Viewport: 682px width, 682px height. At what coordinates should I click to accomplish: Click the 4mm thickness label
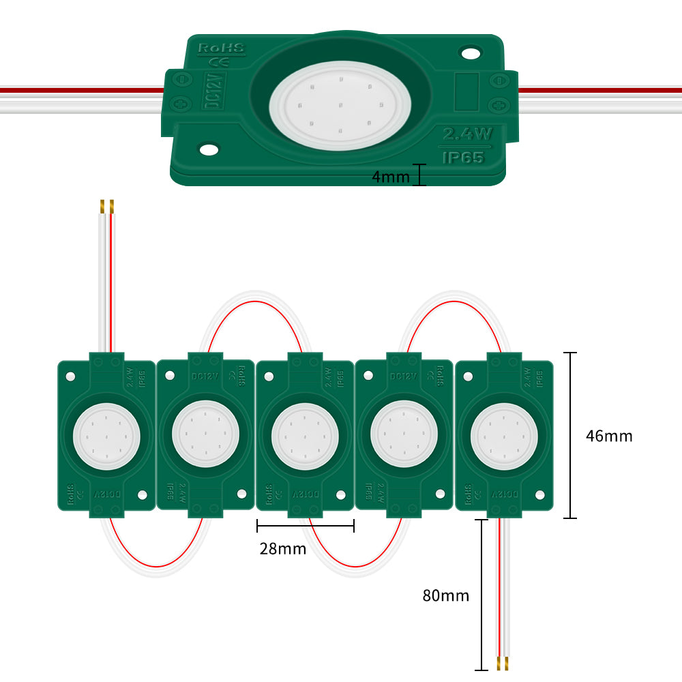[390, 177]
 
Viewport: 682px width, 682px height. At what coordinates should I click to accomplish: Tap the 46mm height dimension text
[609, 436]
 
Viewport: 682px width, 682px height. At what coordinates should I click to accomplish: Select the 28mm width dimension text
[282, 548]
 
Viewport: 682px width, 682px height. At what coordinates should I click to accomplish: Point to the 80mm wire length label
[446, 595]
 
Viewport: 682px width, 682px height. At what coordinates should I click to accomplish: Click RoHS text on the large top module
[216, 49]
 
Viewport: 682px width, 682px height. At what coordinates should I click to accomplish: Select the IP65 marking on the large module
[463, 157]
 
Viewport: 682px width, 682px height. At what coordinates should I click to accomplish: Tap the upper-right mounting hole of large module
[470, 52]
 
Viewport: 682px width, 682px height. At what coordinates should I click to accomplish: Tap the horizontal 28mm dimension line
[306, 525]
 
